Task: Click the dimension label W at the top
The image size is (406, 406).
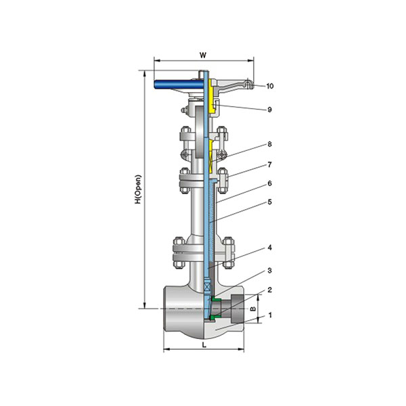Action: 203,55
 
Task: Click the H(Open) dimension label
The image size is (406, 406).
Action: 138,189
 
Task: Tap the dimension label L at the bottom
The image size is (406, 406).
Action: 204,345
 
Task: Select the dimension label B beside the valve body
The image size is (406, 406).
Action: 254,309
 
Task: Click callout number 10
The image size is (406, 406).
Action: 270,86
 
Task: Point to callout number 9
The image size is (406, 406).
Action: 269,110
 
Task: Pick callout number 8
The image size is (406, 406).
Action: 269,144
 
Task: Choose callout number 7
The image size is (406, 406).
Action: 269,164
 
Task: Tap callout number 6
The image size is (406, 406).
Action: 269,183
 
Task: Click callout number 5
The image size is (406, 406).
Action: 269,202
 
